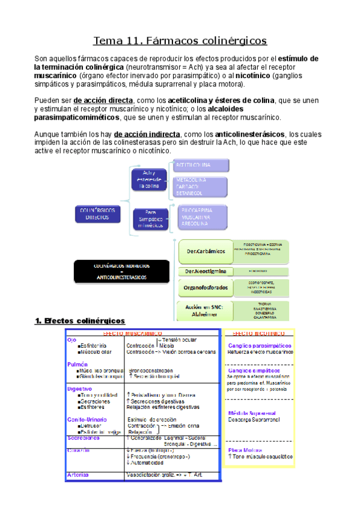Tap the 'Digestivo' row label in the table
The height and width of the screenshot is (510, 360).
pyautogui.click(x=80, y=389)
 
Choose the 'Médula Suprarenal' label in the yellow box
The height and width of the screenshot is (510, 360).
pyautogui.click(x=252, y=414)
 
